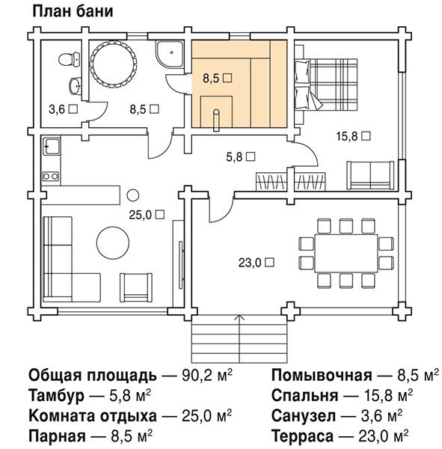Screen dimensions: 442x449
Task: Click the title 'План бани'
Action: (73, 12)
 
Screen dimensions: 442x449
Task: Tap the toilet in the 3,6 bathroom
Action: (70, 60)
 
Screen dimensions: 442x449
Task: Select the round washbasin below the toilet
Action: (75, 85)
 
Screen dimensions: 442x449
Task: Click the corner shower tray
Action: (170, 55)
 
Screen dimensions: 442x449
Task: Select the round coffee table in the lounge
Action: (113, 242)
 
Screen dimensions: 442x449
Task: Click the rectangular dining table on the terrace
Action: (346, 253)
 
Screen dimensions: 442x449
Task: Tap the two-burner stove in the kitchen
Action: (51, 176)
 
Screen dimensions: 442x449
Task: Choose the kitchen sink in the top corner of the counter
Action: (52, 147)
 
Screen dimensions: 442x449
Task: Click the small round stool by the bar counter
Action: (133, 195)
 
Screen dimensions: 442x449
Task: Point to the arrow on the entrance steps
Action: (239, 339)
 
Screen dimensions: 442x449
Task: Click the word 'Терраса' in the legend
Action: (302, 436)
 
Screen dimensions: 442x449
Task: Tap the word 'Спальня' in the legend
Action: (304, 395)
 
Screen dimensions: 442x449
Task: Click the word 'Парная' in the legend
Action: (57, 436)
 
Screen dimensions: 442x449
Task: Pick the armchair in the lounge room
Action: (136, 287)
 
